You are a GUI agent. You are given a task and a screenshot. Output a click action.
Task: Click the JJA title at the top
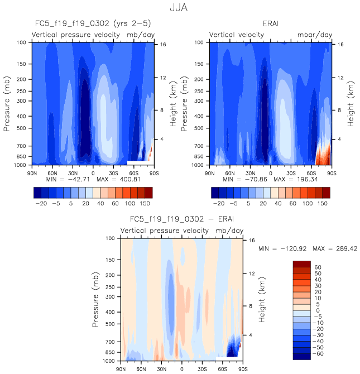[180, 9]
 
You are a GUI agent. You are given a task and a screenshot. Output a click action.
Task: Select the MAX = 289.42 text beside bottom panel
[327, 248]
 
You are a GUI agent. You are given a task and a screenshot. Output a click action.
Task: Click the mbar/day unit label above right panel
[314, 35]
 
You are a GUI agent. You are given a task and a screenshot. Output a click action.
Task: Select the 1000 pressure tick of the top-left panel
[20, 166]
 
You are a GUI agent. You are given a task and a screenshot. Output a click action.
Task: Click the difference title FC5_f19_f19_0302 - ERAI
[180, 219]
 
